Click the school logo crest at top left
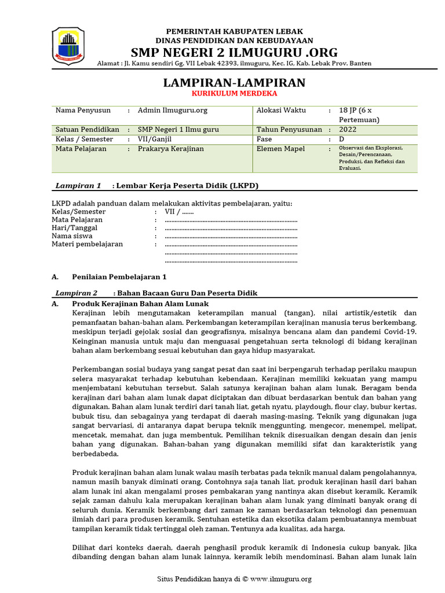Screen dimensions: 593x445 coord(68,47)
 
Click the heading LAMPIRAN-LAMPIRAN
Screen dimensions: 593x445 coord(234,82)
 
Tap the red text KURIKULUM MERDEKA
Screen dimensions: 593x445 coord(234,93)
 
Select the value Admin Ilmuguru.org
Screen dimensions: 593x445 coord(172,110)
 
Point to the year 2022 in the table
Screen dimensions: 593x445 coord(348,130)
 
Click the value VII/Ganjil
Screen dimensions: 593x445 coord(155,140)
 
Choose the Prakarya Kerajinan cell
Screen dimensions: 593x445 coord(170,149)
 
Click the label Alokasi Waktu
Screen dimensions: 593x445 coord(281,110)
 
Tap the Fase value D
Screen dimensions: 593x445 coord(341,140)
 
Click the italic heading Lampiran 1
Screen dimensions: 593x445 coord(78,186)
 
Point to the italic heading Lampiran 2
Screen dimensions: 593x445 coord(76,293)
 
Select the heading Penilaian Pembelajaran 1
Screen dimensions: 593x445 coord(119,277)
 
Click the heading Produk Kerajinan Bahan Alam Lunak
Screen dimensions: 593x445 coord(140,303)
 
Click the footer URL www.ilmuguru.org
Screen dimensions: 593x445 coord(281,579)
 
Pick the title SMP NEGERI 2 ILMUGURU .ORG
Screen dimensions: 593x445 coord(234,52)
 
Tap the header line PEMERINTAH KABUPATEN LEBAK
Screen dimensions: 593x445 coord(234,31)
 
